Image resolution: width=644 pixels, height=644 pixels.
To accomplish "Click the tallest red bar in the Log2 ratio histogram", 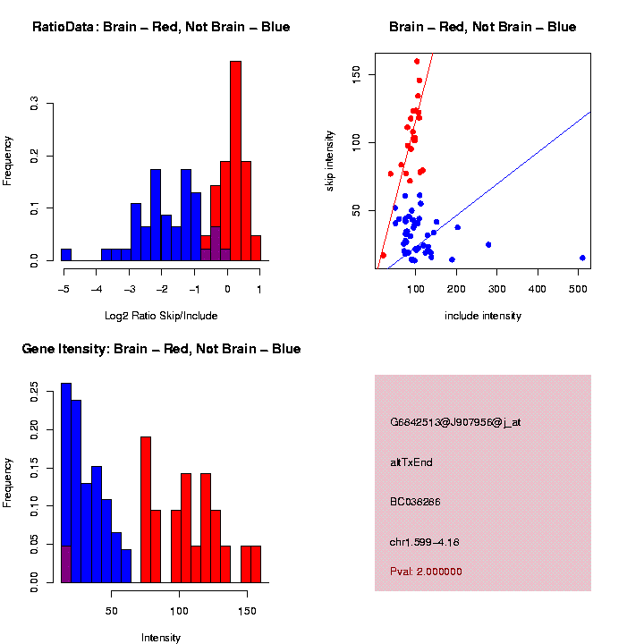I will click(x=235, y=161).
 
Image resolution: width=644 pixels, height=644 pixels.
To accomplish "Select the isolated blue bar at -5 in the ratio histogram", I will click(x=66, y=255).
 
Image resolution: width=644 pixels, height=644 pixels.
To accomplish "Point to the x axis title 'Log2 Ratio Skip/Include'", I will click(x=161, y=316).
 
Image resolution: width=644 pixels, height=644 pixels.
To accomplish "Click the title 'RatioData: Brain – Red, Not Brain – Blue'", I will click(x=161, y=28).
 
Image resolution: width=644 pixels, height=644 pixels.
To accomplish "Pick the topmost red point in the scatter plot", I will click(x=417, y=62).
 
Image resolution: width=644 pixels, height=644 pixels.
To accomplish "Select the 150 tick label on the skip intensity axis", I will click(x=357, y=73).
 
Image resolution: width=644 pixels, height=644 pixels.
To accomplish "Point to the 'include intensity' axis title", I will click(x=483, y=316).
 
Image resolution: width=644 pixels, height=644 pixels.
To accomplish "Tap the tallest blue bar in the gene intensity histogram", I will click(x=66, y=483).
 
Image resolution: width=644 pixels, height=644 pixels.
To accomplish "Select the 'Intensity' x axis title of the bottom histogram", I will click(x=161, y=638).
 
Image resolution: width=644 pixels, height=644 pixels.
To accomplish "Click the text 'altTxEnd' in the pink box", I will click(x=411, y=462).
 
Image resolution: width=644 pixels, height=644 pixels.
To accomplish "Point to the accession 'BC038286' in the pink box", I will click(x=416, y=502).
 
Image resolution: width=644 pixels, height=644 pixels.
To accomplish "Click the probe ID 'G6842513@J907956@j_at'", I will click(x=455, y=422).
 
